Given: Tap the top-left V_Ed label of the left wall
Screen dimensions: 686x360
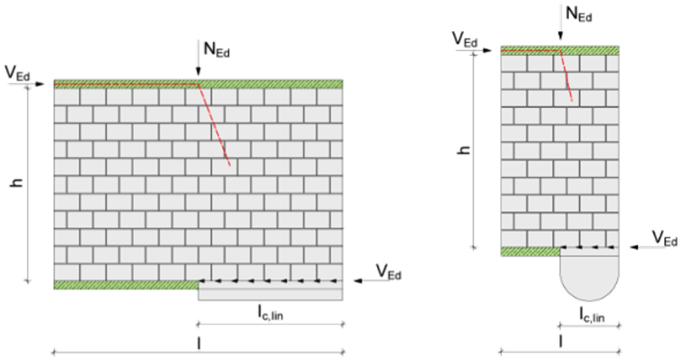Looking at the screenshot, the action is pos(18,73).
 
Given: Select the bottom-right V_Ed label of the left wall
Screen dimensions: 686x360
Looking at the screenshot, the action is pos(389,271).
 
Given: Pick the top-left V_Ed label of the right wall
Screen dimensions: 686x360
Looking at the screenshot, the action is pos(465,38).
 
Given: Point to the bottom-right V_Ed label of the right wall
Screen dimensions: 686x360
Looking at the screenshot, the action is pos(665,238).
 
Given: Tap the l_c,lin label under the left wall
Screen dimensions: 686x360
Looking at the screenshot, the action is pos(270,312).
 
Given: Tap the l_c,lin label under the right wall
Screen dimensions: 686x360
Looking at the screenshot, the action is pos(592,314).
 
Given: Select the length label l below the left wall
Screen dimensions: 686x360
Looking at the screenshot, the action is pos(198,343).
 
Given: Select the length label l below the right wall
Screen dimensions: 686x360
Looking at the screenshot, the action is pos(561,342).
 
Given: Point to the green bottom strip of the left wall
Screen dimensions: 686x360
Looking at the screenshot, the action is pos(126,285).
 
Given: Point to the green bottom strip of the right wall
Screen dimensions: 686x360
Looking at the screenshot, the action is pos(530,252).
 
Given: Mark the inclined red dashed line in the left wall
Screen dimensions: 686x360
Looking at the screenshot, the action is pos(214,125).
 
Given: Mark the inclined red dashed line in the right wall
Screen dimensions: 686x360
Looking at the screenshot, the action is pos(566,76).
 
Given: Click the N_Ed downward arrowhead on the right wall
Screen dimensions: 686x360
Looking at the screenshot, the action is pos(561,37).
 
